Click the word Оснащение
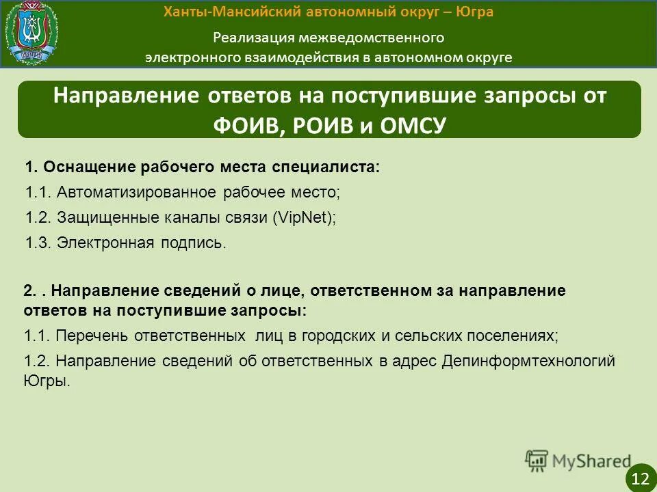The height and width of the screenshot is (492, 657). point(88,167)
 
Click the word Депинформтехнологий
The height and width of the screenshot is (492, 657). point(528,361)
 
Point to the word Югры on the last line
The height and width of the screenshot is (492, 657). point(47,381)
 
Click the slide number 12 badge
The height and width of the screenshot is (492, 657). point(641,476)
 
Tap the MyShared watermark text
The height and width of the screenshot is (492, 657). point(592,461)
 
